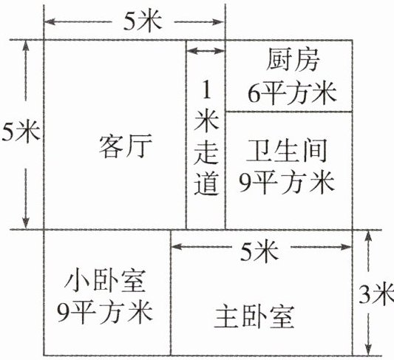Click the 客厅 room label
pyautogui.click(x=126, y=146)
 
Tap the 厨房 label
pyautogui.click(x=293, y=60)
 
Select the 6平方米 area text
pyautogui.click(x=292, y=92)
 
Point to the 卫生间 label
pyautogui.click(x=287, y=151)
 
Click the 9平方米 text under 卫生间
pyautogui.click(x=287, y=182)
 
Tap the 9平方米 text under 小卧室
pyautogui.click(x=105, y=312)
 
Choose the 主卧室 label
pyautogui.click(x=254, y=317)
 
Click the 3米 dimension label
pyautogui.click(x=376, y=294)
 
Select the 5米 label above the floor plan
pyautogui.click(x=142, y=21)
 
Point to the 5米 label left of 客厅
pyautogui.click(x=21, y=131)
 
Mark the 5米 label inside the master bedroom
pyautogui.click(x=259, y=251)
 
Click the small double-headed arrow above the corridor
pyautogui.click(x=206, y=51)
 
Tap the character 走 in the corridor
pyautogui.click(x=206, y=152)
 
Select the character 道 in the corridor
pyautogui.click(x=206, y=183)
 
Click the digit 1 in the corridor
pyautogui.click(x=206, y=90)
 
